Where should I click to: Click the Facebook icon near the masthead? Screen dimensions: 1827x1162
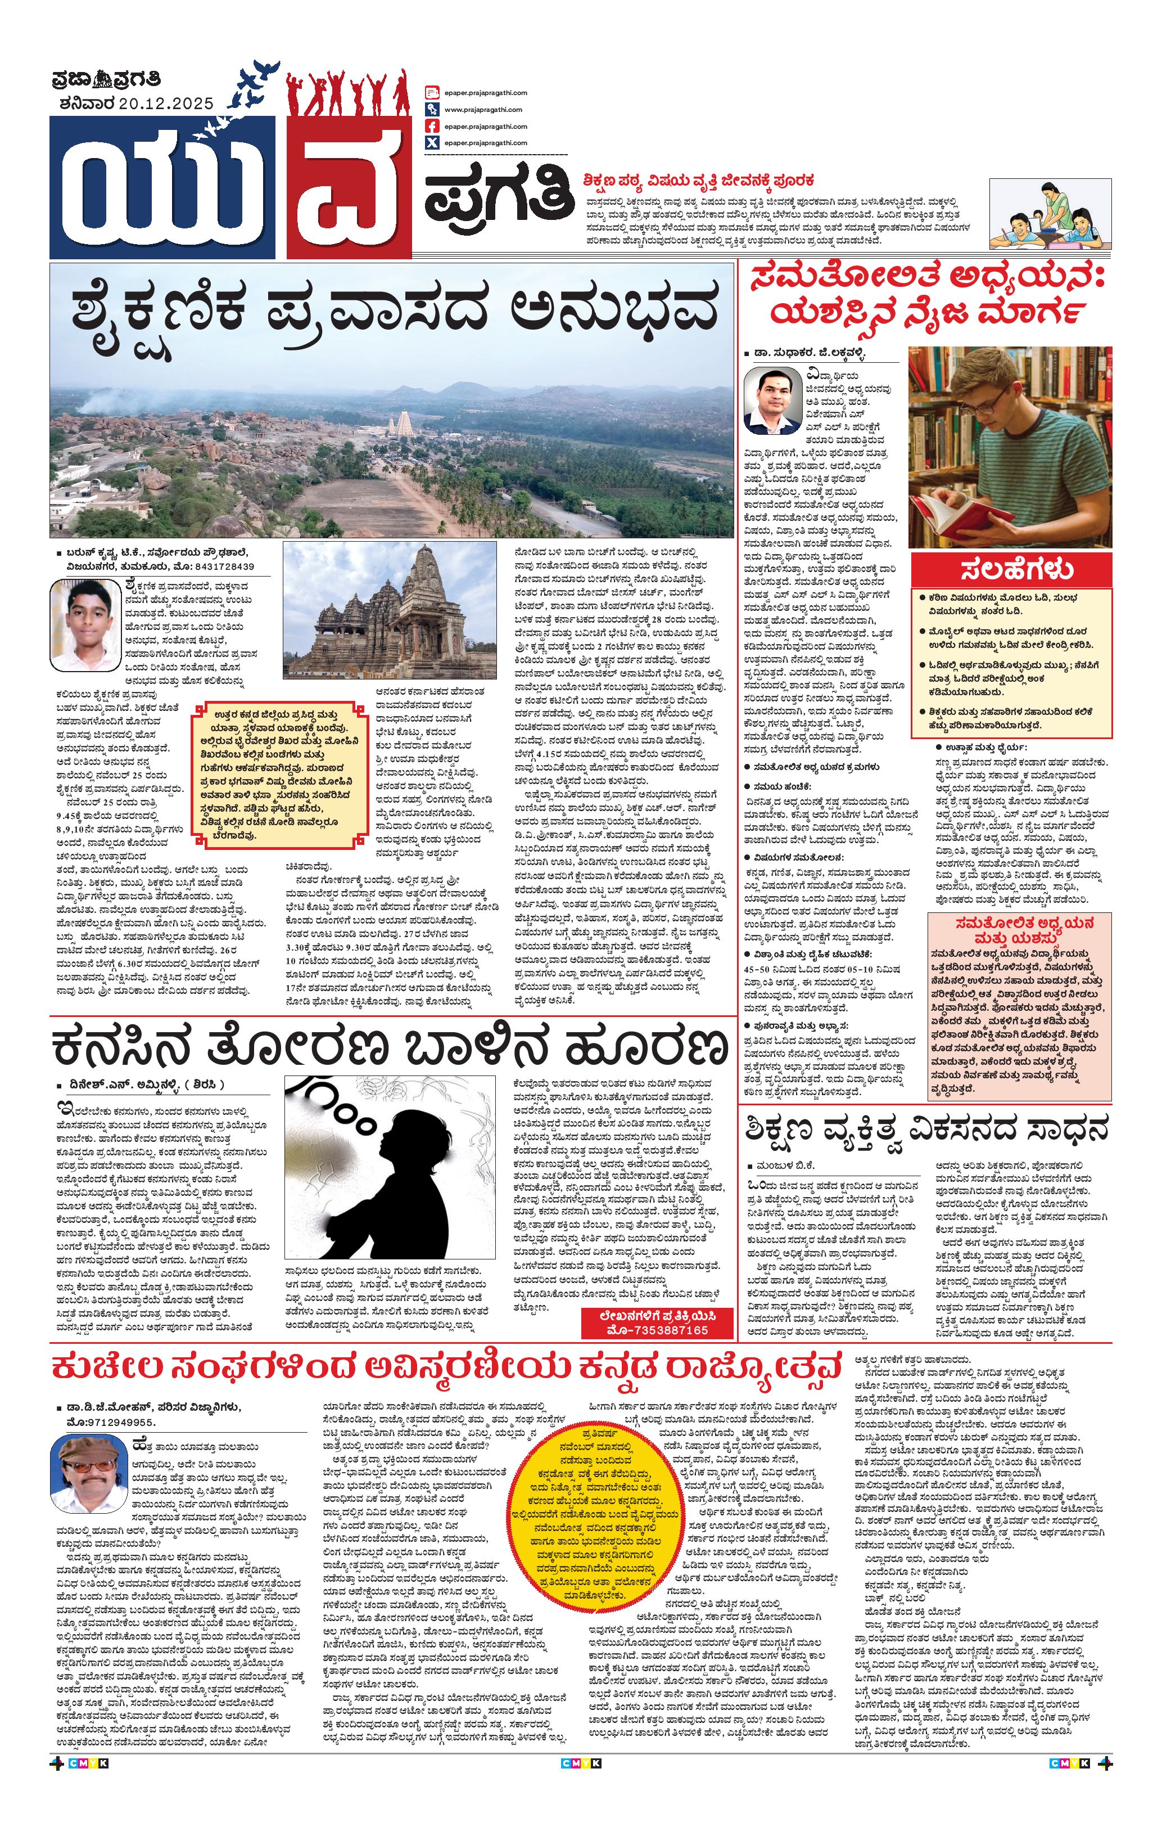pos(432,126)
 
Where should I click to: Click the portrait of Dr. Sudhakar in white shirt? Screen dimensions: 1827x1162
pos(773,400)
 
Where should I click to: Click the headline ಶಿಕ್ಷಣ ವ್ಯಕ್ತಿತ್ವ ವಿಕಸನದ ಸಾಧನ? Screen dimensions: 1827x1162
pos(926,1129)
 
